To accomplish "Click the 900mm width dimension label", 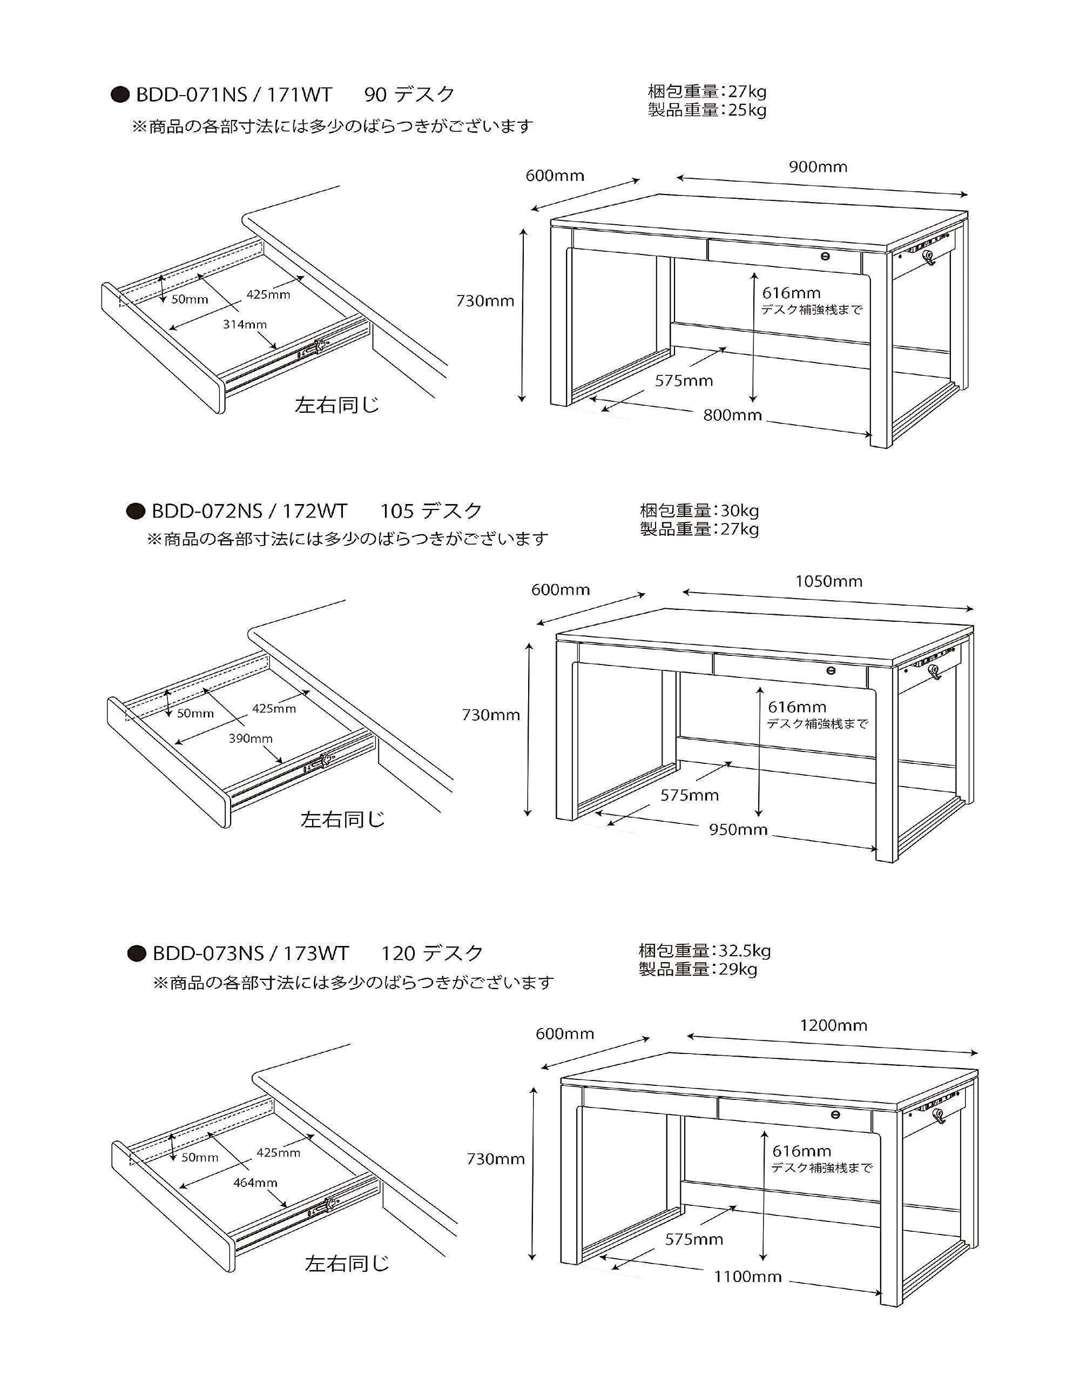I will [818, 167].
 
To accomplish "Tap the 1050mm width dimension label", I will [829, 581].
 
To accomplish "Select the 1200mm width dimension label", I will [833, 1025].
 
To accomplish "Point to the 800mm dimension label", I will [732, 415].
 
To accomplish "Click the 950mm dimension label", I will [738, 830].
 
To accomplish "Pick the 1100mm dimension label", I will [747, 1277].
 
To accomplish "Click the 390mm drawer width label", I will [251, 739].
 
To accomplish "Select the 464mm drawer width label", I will [255, 1182].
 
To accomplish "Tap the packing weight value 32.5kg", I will [745, 950].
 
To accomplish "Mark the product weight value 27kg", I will [739, 529].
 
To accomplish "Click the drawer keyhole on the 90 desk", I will [826, 256].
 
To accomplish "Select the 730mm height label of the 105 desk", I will [491, 715].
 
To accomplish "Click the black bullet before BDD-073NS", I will [137, 954].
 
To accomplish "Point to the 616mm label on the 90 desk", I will [791, 293].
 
